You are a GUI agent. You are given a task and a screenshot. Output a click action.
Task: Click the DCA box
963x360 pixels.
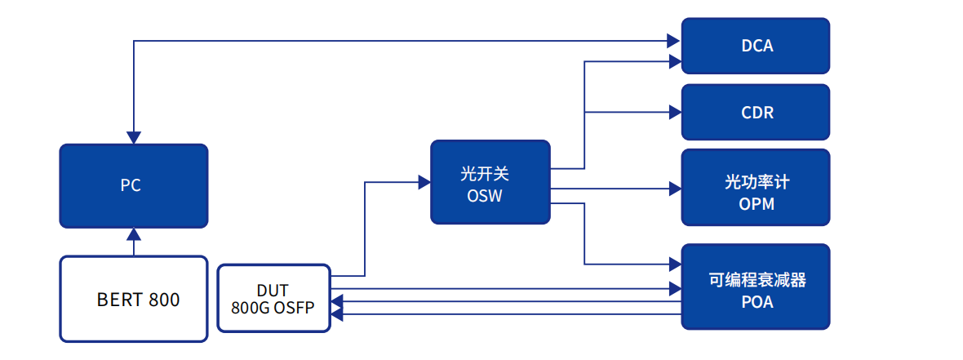pyautogui.click(x=756, y=46)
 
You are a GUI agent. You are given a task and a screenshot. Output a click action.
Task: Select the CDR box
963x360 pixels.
pyautogui.click(x=756, y=112)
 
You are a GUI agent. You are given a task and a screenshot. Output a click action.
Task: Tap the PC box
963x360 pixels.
pyautogui.click(x=133, y=186)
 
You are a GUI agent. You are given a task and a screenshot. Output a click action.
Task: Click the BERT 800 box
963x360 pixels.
pyautogui.click(x=133, y=299)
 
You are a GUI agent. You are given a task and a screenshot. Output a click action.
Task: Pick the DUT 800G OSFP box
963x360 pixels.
pyautogui.click(x=273, y=298)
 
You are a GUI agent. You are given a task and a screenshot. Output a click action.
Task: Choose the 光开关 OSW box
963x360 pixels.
pyautogui.click(x=490, y=182)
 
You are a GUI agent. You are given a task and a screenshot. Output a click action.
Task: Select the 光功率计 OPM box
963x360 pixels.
pyautogui.click(x=756, y=187)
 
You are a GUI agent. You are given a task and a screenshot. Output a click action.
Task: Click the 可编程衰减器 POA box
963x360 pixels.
pyautogui.click(x=756, y=287)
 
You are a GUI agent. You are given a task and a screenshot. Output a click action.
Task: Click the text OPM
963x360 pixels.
pyautogui.click(x=757, y=203)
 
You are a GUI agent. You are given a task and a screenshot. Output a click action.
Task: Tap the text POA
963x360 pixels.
pyautogui.click(x=757, y=303)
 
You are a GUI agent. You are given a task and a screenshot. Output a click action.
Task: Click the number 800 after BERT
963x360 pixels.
pyautogui.click(x=164, y=300)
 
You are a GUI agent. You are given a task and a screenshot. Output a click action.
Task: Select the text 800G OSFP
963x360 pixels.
pyautogui.click(x=273, y=307)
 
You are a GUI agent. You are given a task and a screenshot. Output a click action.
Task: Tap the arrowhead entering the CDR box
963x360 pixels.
pyautogui.click(x=675, y=113)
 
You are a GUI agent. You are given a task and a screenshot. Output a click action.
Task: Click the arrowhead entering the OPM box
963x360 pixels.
pyautogui.click(x=675, y=189)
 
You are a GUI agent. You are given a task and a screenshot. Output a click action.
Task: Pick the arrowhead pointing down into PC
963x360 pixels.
pyautogui.click(x=134, y=138)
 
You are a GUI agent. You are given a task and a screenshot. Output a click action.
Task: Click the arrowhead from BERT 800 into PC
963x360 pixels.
pyautogui.click(x=134, y=233)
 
